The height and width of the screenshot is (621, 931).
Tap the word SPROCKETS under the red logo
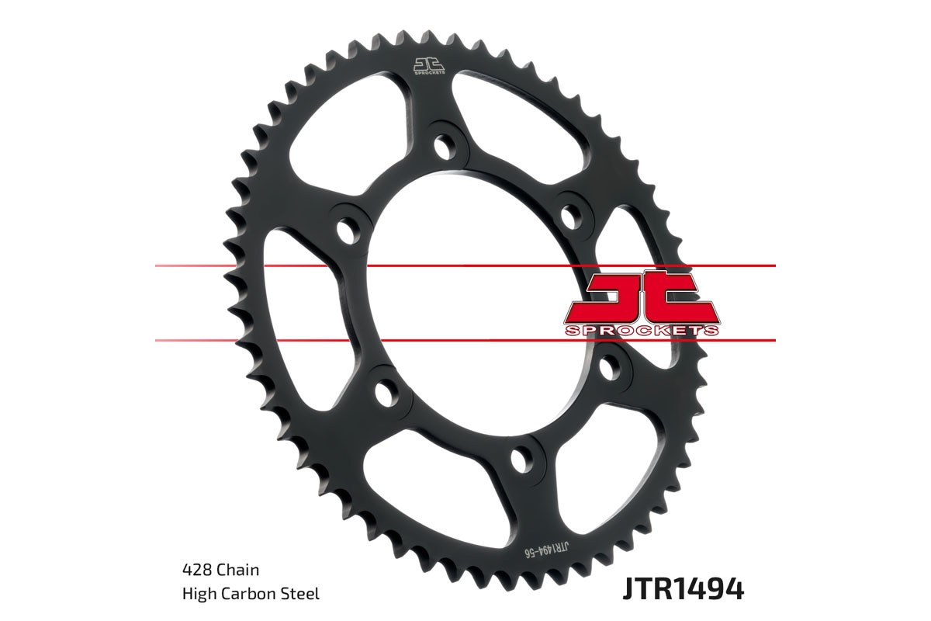(x=641, y=331)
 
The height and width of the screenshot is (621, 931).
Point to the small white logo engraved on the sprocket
(x=427, y=67)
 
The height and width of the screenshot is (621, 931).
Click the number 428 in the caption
(x=195, y=570)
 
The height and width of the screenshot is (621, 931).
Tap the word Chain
(x=237, y=570)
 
